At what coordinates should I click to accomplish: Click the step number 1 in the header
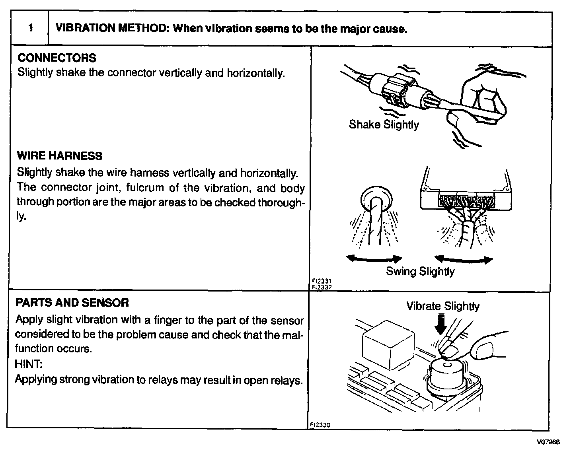pos(30,29)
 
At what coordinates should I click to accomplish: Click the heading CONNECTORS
pos(57,58)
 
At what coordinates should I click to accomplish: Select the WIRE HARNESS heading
pos(60,156)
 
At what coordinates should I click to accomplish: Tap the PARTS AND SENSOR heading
pos(72,303)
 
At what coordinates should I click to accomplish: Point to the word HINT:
pos(28,364)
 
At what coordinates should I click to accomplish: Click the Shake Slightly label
pos(384,125)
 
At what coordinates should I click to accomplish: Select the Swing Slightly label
pos(420,272)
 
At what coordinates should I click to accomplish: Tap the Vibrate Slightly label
pos(442,306)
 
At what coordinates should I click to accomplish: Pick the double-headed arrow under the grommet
pos(374,259)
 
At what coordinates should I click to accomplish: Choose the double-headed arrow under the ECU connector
pos(464,260)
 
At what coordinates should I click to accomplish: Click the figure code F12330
pos(320,425)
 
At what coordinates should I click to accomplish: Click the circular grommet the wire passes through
pos(375,198)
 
